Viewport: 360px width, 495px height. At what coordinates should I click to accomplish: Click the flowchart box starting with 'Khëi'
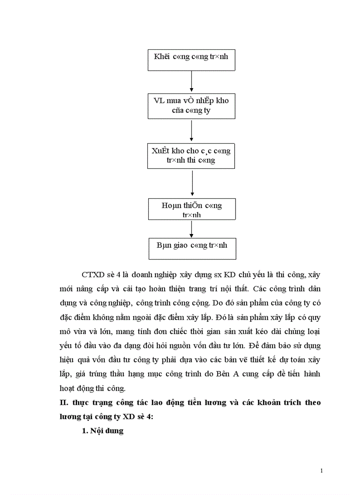[x=191, y=60]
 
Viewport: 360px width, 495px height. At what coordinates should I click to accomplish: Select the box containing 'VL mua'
[x=191, y=105]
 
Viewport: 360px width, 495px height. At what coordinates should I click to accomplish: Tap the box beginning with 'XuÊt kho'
[x=191, y=156]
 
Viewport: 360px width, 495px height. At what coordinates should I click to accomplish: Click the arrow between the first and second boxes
[x=191, y=82]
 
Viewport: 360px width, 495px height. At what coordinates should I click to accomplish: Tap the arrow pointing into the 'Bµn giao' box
[x=191, y=229]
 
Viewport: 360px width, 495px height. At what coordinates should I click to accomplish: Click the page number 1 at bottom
[x=322, y=471]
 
